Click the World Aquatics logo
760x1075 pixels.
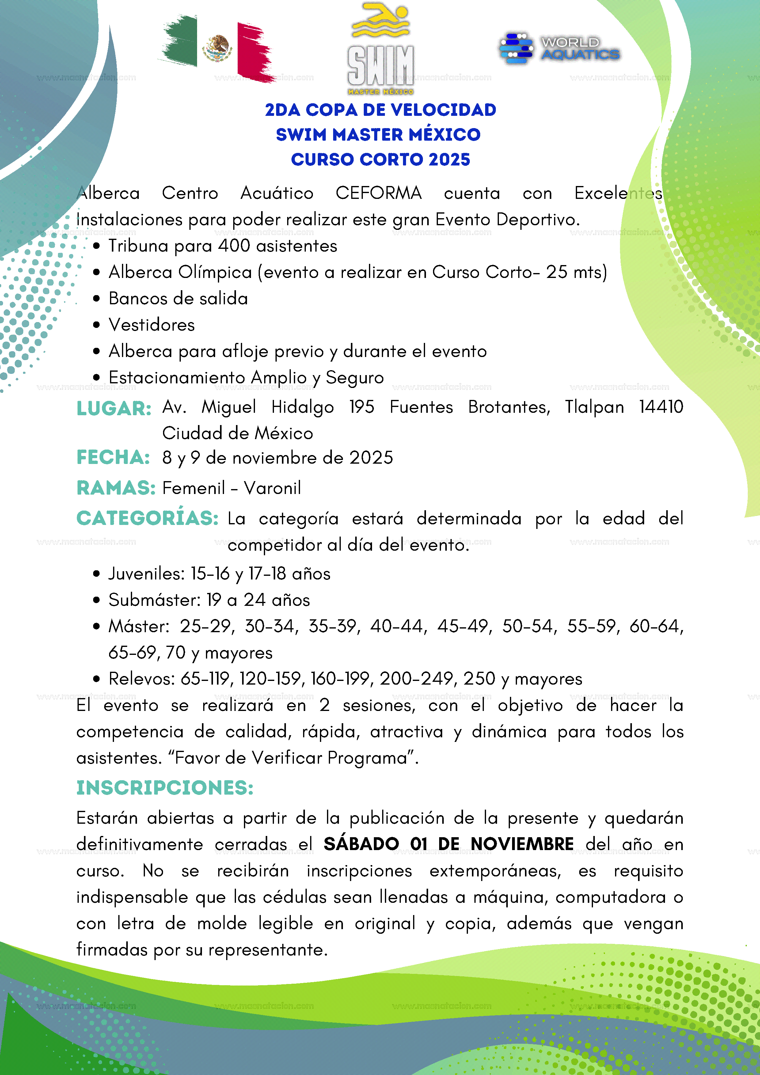point(560,48)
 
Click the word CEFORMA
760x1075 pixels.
point(378,193)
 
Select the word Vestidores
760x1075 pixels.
point(152,325)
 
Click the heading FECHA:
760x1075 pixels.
point(113,458)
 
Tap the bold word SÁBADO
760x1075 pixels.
point(361,844)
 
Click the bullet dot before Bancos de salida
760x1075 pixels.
point(97,299)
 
